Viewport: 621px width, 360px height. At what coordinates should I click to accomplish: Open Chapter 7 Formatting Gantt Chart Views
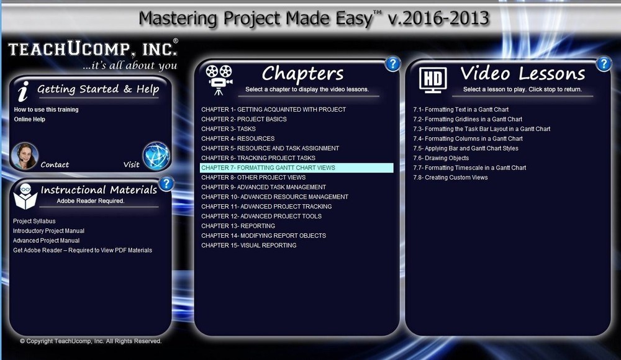(268, 168)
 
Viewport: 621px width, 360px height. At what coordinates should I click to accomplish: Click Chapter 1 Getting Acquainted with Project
(273, 110)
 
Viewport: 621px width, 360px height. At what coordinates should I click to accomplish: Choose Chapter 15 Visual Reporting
(248, 245)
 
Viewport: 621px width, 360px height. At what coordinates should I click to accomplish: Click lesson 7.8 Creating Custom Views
(450, 178)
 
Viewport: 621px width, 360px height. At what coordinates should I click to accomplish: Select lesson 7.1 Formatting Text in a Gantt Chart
(461, 110)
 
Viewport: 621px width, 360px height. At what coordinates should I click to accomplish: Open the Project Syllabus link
(34, 221)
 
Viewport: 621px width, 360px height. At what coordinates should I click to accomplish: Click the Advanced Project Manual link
(46, 240)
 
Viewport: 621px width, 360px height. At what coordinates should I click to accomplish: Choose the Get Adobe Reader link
(82, 250)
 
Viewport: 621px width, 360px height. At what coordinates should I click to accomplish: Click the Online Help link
(29, 119)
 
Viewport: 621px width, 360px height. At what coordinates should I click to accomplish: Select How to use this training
(46, 110)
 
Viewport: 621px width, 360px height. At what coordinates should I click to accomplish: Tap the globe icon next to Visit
(156, 156)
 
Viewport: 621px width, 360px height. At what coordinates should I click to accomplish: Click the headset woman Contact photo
(25, 156)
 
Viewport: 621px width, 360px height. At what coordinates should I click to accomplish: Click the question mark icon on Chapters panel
(392, 63)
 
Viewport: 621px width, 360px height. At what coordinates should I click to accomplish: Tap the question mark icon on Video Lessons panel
(604, 63)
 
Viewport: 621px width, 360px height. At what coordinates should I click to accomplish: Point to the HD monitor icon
(433, 79)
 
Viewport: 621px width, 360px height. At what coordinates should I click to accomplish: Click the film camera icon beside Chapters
(219, 79)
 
